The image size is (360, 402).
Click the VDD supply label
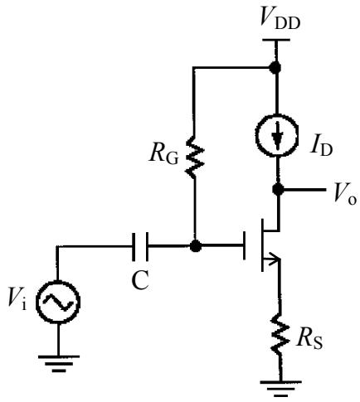click(280, 19)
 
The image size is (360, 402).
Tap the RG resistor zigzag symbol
click(195, 157)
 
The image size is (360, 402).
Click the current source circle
click(277, 135)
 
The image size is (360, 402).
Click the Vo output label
click(345, 194)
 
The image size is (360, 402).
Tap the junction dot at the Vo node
click(278, 189)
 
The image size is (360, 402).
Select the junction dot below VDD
click(275, 67)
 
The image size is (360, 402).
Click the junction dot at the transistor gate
click(196, 245)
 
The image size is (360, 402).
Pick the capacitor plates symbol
click(140, 246)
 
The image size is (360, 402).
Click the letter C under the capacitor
click(140, 280)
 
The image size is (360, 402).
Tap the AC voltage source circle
click(58, 302)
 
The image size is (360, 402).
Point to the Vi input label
click(17, 298)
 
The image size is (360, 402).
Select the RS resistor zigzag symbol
click(280, 333)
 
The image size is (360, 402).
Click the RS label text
click(309, 339)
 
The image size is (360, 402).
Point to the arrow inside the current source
click(277, 136)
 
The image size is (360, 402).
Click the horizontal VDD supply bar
click(275, 40)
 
